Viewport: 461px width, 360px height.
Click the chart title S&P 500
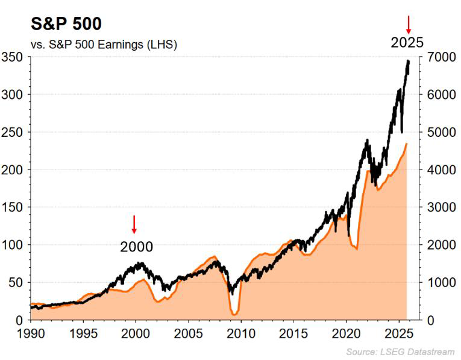tap(58, 24)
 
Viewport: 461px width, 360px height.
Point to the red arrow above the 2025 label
tap(408, 24)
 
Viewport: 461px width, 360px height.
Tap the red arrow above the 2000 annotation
tap(134, 224)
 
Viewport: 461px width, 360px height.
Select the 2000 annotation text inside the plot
tap(136, 247)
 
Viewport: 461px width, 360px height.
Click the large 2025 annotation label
tap(407, 43)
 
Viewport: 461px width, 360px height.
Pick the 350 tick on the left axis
tap(14, 57)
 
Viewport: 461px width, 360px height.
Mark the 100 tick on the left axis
tap(14, 245)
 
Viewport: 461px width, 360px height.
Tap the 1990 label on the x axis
tap(30, 332)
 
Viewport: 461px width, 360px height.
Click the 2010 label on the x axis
tap(241, 332)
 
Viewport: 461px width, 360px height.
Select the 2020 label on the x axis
tap(347, 332)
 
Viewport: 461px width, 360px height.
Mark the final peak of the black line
tap(408, 61)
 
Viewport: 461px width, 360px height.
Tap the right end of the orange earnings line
tap(407, 144)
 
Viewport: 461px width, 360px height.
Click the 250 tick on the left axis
tap(14, 132)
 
